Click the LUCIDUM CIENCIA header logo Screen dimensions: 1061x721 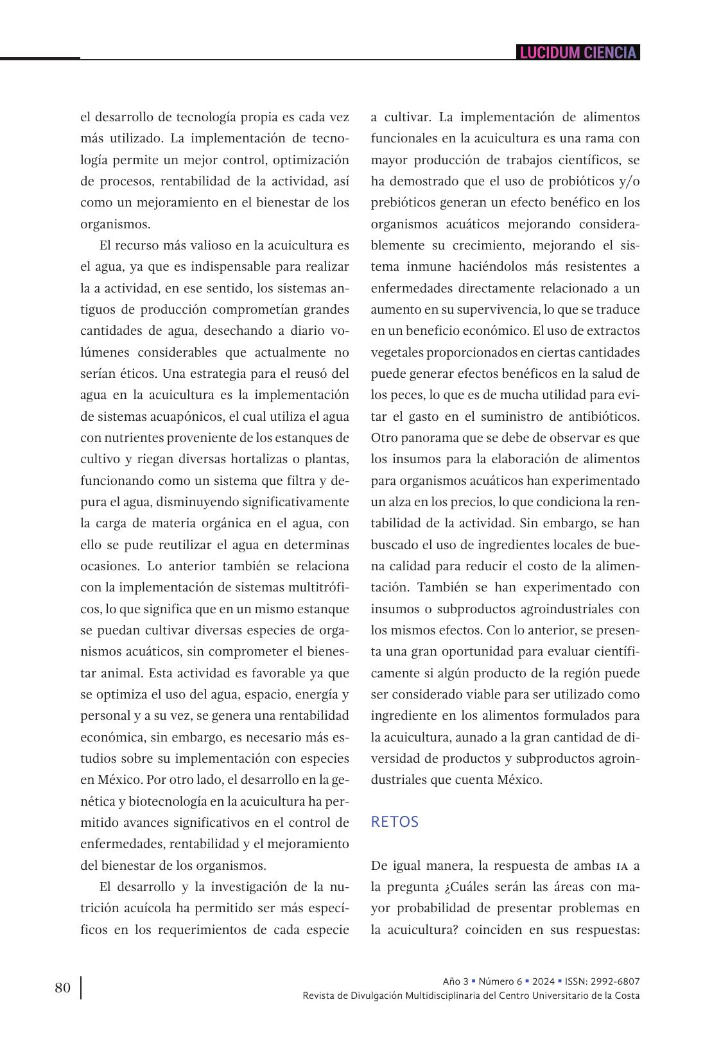(578, 53)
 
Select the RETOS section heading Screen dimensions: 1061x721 (394, 822)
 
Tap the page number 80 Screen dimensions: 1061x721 (63, 987)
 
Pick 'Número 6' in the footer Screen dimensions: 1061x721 (500, 981)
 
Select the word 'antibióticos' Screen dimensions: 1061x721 (602, 416)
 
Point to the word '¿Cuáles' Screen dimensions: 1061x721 (469, 887)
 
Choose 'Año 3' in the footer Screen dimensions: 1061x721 (455, 981)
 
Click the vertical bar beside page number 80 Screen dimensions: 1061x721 (81, 988)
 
